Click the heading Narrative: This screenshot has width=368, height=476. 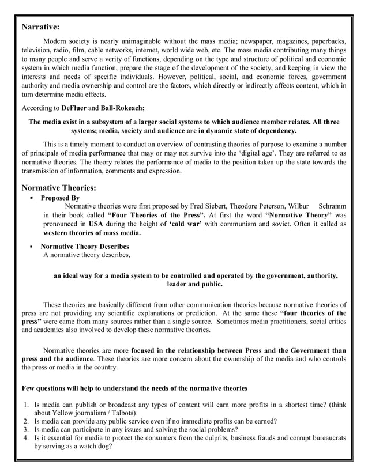tap(40, 27)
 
